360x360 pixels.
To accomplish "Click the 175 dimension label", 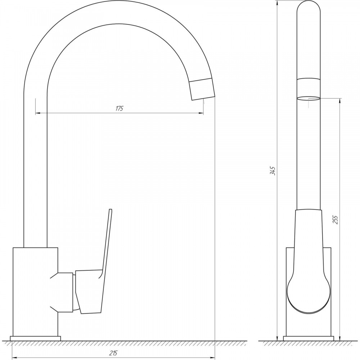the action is pyautogui.click(x=120, y=108).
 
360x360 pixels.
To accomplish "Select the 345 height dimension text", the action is pyautogui.click(x=273, y=171).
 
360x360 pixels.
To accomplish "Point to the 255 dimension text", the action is pyautogui.click(x=336, y=220).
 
